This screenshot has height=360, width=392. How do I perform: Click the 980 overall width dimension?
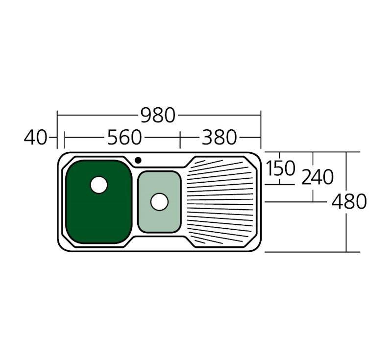[158, 115]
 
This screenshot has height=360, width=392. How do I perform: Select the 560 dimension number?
[124, 137]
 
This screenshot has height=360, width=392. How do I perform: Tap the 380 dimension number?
[219, 137]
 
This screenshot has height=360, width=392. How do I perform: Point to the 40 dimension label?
[35, 137]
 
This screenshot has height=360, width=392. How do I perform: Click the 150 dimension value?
[280, 168]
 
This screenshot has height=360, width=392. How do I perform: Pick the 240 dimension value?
[318, 177]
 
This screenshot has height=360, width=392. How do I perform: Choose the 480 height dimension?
[349, 201]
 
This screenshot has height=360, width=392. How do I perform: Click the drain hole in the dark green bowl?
[99, 185]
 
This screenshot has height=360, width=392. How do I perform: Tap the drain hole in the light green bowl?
[159, 202]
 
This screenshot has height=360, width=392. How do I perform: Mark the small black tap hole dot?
[138, 160]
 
